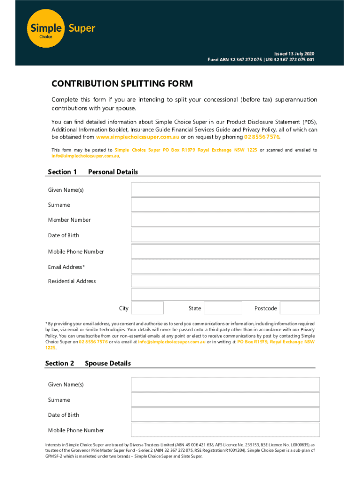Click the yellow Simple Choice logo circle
click(x=46, y=29)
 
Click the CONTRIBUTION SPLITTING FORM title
click(x=122, y=84)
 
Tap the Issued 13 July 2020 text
click(x=291, y=54)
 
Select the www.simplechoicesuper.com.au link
click(x=137, y=137)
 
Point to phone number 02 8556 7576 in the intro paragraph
click(x=262, y=137)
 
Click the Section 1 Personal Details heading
click(x=93, y=172)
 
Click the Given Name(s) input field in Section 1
click(x=225, y=189)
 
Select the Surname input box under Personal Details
click(x=225, y=205)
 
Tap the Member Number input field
click(x=225, y=220)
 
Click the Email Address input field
click(x=225, y=267)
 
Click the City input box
click(x=147, y=308)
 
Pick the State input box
click(x=223, y=308)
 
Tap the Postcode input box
click(x=300, y=308)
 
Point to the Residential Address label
click(x=72, y=281)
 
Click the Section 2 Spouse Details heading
click(x=88, y=363)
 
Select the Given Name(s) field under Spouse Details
click(x=225, y=385)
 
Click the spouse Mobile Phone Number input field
click(x=225, y=430)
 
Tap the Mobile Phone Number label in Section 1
click(x=76, y=252)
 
